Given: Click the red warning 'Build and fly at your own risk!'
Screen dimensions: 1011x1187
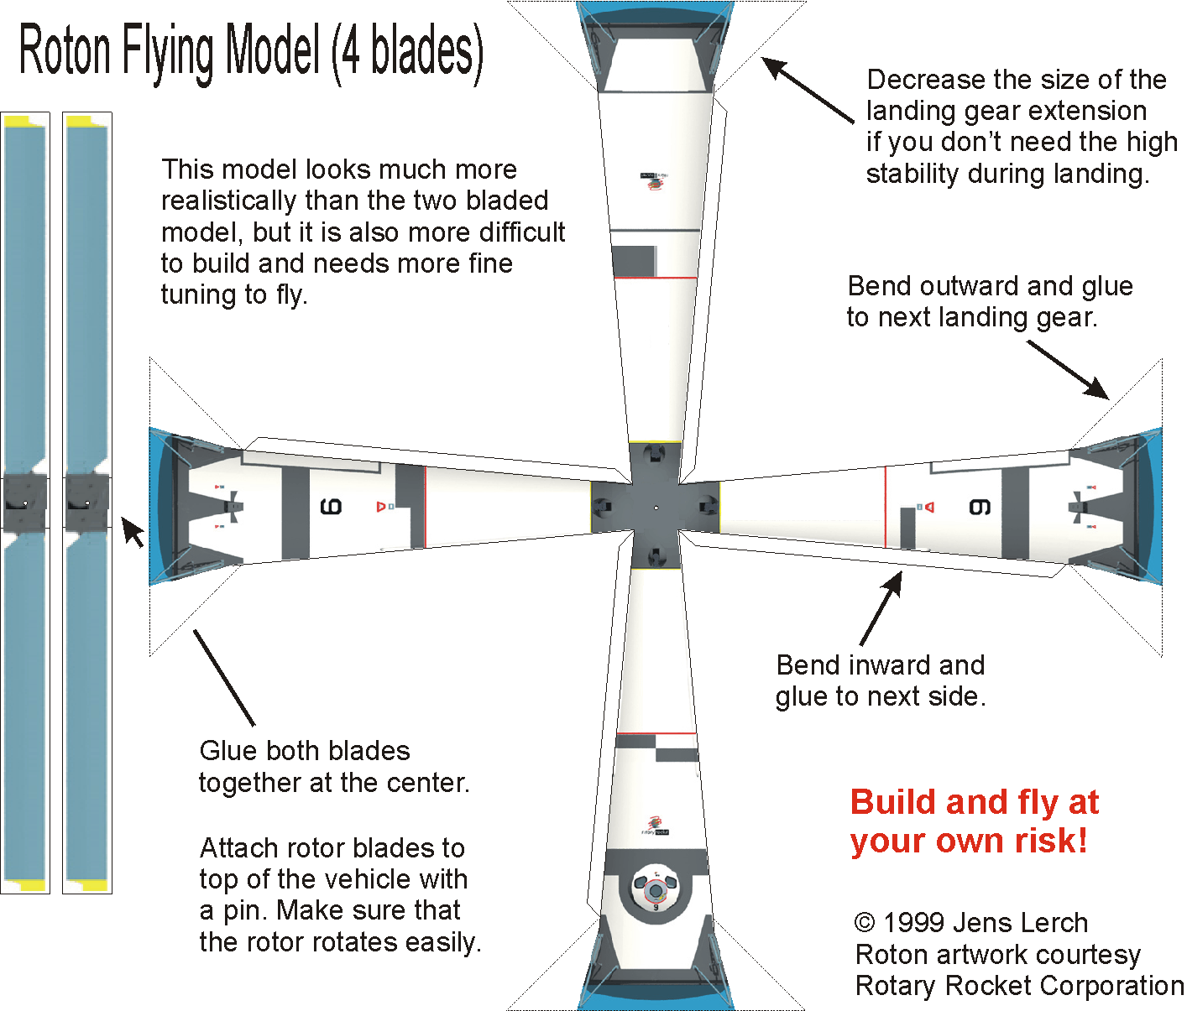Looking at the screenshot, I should [974, 821].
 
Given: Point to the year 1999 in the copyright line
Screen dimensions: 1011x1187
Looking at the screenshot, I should [914, 923].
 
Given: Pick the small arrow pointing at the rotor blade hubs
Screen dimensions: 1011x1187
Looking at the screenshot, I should [132, 531].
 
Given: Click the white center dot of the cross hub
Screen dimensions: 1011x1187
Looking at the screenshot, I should [656, 508].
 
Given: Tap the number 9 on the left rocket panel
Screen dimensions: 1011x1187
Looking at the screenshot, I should [331, 507].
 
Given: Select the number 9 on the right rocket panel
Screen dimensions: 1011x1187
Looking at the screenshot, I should [980, 507].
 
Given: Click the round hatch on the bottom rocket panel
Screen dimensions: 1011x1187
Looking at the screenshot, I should [656, 890].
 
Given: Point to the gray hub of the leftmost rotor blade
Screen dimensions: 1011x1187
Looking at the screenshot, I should [24, 503].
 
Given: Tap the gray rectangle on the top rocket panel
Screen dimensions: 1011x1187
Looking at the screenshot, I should [634, 261].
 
